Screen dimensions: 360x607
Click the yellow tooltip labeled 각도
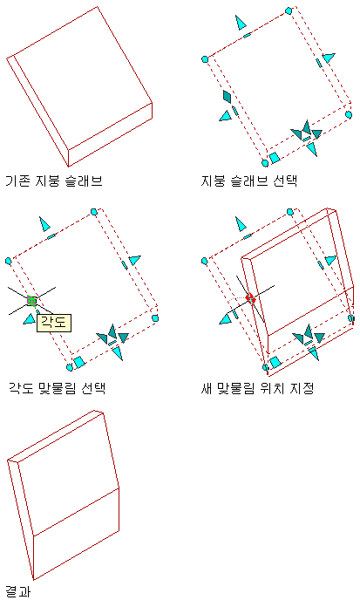[54, 323]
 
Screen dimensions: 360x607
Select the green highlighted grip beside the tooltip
[31, 301]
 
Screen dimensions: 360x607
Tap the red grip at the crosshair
[251, 298]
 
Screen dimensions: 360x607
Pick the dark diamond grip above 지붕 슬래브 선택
[228, 96]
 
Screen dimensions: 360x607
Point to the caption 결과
[17, 591]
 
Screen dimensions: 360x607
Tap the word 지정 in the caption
[301, 388]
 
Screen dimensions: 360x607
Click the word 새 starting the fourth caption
[207, 388]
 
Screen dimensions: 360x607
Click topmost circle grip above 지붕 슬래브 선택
[289, 10]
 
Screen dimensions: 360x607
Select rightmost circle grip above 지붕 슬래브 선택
[349, 114]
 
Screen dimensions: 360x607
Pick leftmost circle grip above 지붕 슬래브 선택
[205, 59]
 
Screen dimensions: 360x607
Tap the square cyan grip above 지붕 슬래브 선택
[275, 158]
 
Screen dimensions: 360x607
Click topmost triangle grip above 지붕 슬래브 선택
[241, 23]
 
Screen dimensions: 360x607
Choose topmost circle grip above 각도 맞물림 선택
[93, 211]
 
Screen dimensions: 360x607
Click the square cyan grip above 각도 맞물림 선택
[79, 362]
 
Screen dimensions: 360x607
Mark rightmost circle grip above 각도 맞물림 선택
[155, 318]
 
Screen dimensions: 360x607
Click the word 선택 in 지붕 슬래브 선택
[285, 181]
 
